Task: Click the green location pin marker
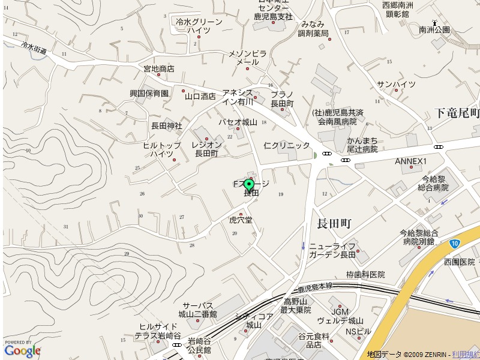[249, 185]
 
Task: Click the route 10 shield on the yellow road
[455, 243]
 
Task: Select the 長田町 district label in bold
[334, 224]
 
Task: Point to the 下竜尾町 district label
[457, 113]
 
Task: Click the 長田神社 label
[166, 126]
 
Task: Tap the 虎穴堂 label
[241, 220]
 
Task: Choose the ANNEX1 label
[410, 161]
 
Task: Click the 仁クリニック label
[287, 145]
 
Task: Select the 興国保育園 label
[149, 94]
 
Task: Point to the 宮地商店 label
[158, 69]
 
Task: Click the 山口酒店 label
[200, 96]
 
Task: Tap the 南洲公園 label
[434, 29]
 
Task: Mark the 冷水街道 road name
[33, 49]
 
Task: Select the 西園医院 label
[459, 262]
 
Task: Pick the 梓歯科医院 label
[365, 274]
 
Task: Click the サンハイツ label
[396, 84]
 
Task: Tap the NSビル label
[358, 331]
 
